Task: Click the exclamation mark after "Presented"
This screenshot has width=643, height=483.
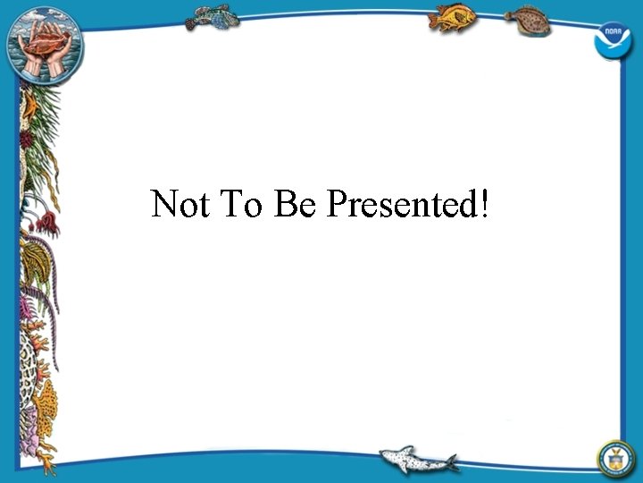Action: pos(484,205)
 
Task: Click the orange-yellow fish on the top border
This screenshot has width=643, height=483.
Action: pos(453,17)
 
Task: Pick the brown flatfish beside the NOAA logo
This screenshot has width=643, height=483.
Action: pos(528,20)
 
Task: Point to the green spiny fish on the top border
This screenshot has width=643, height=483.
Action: pos(215,16)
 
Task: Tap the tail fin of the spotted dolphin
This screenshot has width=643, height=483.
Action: pos(450,462)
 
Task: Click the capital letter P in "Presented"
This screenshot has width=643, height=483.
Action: pos(336,205)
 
